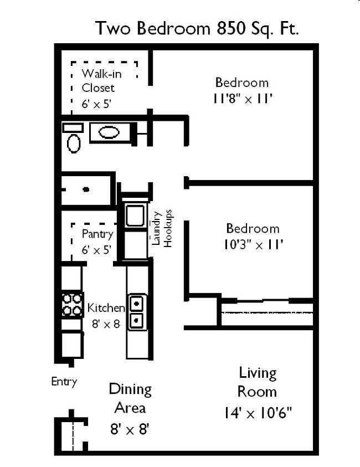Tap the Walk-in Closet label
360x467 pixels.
(x=98, y=81)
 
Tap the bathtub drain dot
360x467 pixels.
(x=86, y=189)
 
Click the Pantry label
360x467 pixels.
(x=97, y=234)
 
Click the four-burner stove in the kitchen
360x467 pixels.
(x=72, y=304)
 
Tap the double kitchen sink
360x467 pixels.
(x=136, y=312)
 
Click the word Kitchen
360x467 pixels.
(x=106, y=309)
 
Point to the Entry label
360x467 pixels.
(x=64, y=381)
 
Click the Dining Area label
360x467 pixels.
(x=130, y=398)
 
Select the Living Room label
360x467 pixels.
(x=257, y=382)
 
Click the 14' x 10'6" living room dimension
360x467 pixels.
(x=258, y=413)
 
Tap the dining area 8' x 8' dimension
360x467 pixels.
(x=130, y=428)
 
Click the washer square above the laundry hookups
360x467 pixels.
(x=135, y=215)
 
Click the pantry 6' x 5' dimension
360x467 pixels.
(x=97, y=250)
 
